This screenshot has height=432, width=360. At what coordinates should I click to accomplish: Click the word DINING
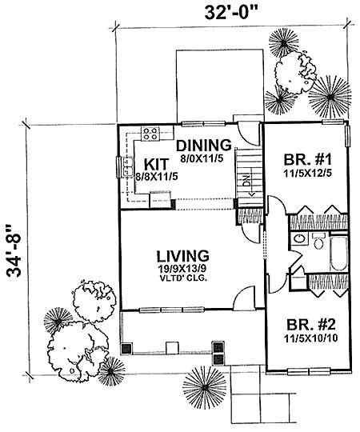click(x=204, y=146)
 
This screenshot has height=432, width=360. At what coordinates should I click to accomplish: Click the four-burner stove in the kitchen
click(x=149, y=133)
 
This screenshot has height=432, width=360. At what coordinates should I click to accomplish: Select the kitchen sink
click(x=128, y=167)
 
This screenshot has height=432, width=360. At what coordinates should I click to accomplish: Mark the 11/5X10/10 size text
click(x=306, y=338)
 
